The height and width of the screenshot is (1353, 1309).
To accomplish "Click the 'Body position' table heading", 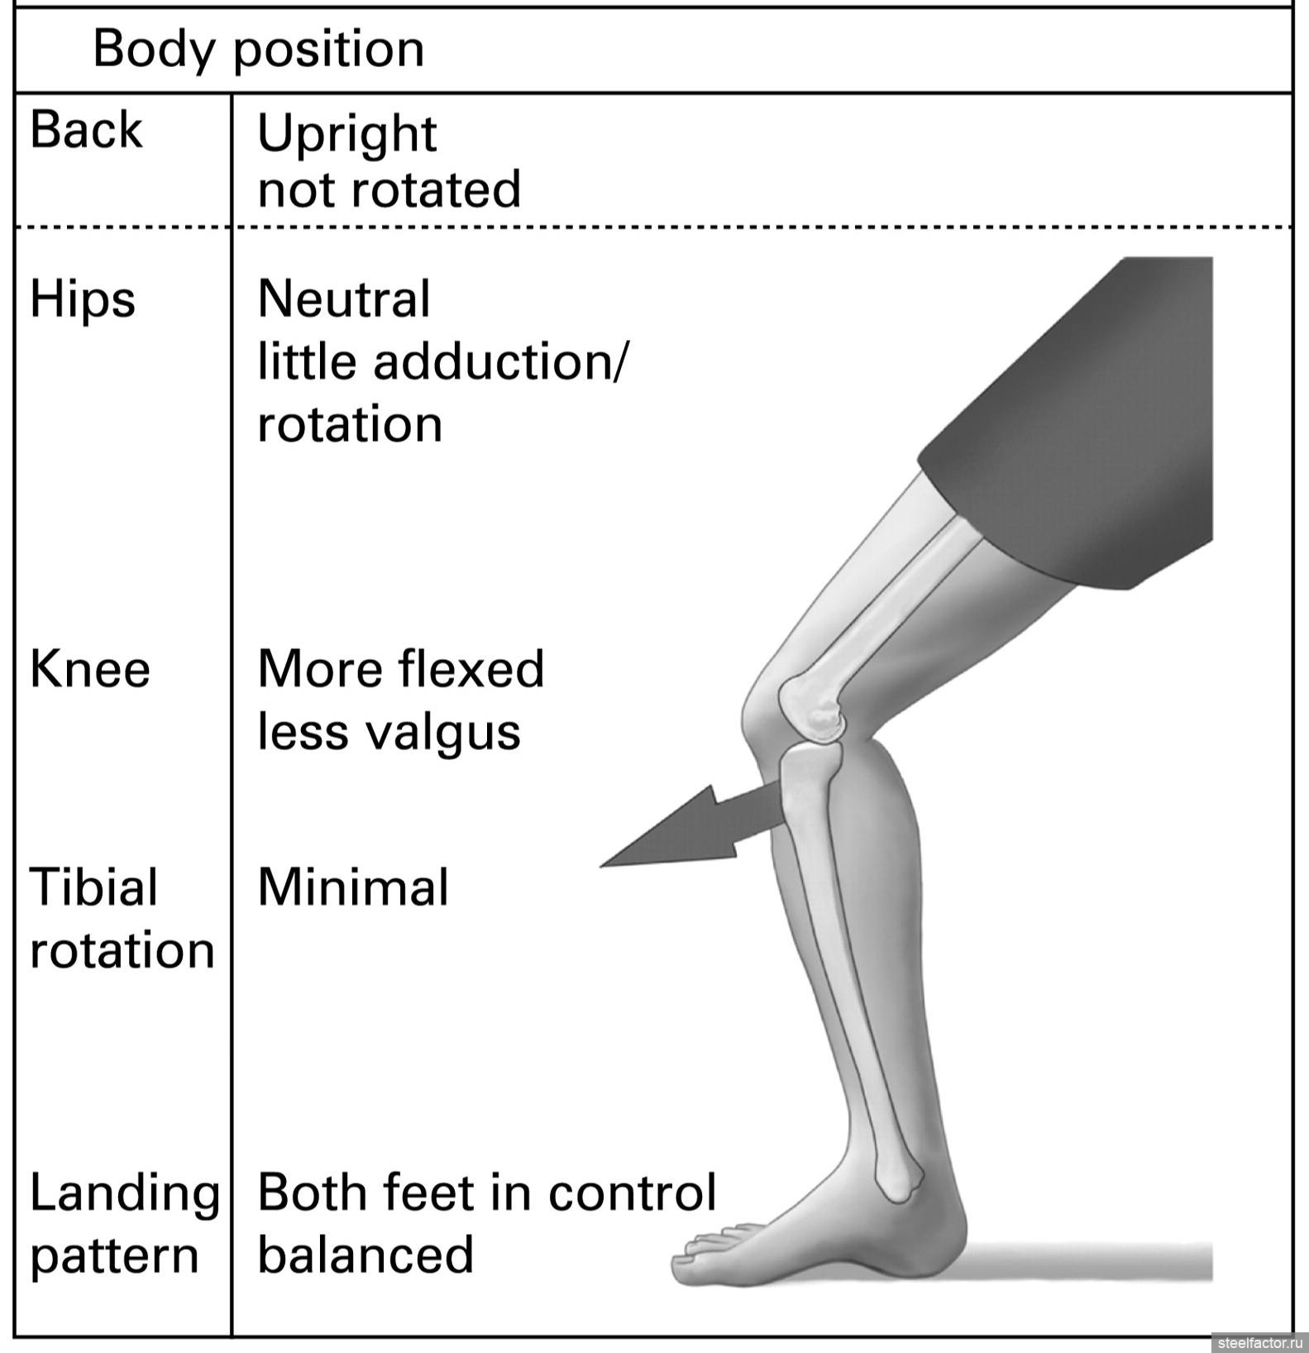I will click(x=258, y=50).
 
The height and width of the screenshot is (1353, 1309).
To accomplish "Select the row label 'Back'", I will click(x=86, y=131).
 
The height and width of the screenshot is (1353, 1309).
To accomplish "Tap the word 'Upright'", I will click(x=346, y=135).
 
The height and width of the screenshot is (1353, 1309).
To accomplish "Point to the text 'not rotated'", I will click(x=389, y=189).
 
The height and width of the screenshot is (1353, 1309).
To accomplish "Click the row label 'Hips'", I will click(x=83, y=300).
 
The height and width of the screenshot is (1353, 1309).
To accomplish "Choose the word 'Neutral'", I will click(x=344, y=299).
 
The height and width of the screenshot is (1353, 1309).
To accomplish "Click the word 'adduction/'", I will click(x=500, y=362).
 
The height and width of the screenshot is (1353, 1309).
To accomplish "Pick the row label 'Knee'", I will click(x=90, y=669).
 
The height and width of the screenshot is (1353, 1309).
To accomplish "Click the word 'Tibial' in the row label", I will click(x=93, y=887).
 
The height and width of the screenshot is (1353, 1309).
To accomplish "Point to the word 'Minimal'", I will click(x=353, y=887).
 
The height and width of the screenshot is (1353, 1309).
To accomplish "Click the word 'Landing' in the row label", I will click(x=125, y=1194).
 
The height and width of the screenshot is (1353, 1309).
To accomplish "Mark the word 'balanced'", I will click(x=365, y=1255).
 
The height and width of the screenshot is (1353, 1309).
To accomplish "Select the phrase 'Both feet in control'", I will click(x=486, y=1193).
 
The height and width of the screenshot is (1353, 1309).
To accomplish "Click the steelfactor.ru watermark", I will click(x=1258, y=1341).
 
